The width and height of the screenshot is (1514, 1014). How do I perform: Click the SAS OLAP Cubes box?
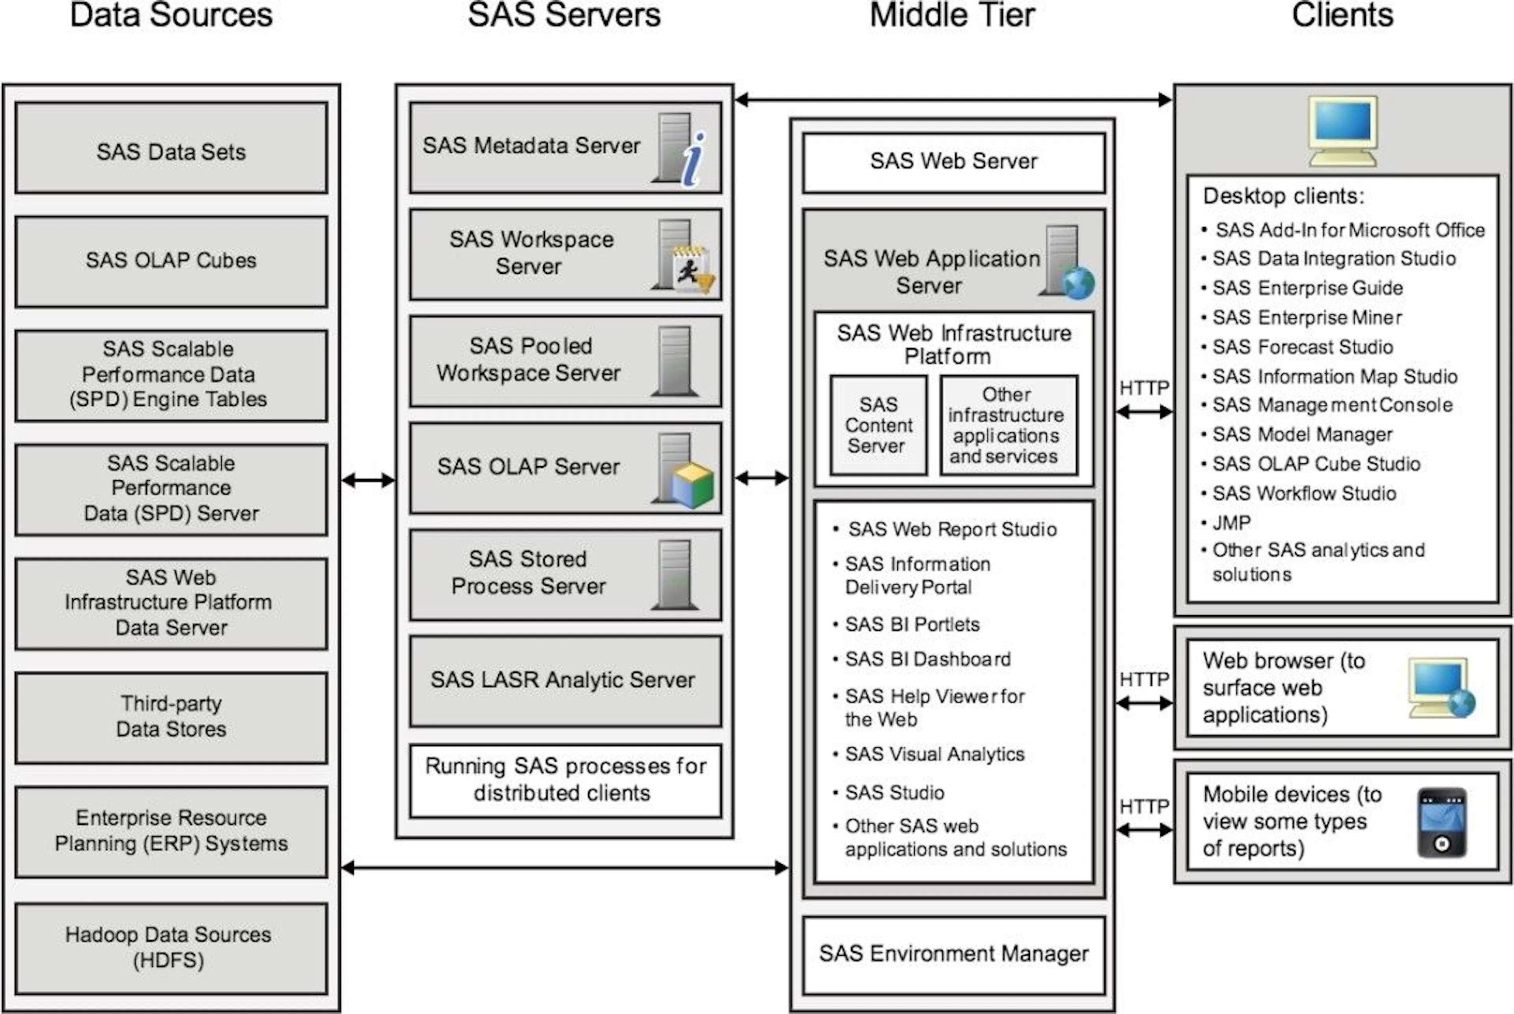click(x=172, y=261)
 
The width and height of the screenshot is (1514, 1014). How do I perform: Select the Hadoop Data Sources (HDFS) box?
click(x=172, y=948)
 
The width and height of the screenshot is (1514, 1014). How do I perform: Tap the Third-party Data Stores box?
click(x=172, y=718)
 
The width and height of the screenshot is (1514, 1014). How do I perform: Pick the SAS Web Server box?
click(x=953, y=162)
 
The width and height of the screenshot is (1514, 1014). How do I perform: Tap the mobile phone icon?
click(x=1442, y=823)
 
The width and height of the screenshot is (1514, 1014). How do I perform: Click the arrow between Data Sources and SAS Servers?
click(x=368, y=480)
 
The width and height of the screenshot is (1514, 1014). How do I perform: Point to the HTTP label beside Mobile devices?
click(x=1144, y=807)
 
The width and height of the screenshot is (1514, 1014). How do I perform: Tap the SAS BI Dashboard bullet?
click(x=923, y=659)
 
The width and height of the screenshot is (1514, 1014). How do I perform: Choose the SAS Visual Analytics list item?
click(x=929, y=754)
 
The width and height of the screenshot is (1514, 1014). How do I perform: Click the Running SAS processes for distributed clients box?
click(x=566, y=781)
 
